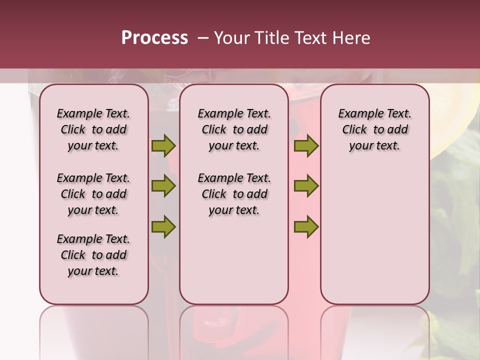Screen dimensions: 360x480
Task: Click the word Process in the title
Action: (x=154, y=38)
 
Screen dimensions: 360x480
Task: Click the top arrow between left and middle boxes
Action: (x=163, y=146)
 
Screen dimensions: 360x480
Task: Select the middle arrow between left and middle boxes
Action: (x=163, y=186)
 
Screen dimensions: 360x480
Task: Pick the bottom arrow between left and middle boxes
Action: (x=163, y=226)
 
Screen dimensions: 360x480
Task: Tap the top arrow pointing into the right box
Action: (x=306, y=146)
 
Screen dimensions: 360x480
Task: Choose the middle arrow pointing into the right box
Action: (x=306, y=186)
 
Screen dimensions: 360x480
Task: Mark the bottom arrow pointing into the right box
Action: (x=306, y=226)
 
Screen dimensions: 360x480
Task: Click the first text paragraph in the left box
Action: (x=93, y=129)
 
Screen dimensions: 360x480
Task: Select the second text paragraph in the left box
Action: (x=93, y=194)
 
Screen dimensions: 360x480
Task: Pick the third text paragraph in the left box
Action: (x=93, y=255)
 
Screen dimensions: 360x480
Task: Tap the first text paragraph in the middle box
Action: (x=234, y=129)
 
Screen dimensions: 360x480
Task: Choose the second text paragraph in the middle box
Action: (x=234, y=194)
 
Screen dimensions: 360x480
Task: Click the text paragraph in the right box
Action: (x=374, y=129)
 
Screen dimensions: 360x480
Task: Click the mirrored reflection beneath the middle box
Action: (x=234, y=330)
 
